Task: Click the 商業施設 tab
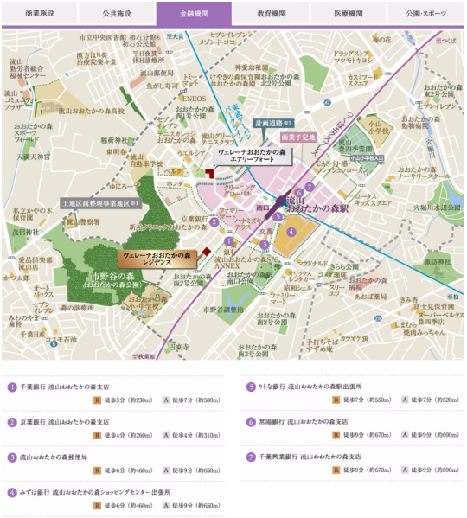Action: pyautogui.click(x=40, y=13)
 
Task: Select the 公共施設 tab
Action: pyautogui.click(x=117, y=13)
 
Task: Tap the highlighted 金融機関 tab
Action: pyautogui.click(x=194, y=13)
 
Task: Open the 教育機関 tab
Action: pyautogui.click(x=271, y=13)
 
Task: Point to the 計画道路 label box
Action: pyautogui.click(x=276, y=123)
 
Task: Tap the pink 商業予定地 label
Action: pyautogui.click(x=295, y=137)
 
